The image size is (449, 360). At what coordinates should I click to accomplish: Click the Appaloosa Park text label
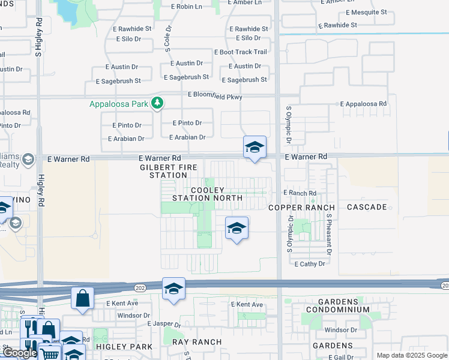click(118, 104)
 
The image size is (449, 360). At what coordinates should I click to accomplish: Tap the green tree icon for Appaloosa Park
click(157, 104)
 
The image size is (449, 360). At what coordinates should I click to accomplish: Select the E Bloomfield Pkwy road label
click(214, 95)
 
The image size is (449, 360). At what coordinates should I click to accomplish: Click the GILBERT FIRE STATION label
click(164, 171)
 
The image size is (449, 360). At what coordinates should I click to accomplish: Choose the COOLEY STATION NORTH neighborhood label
click(208, 194)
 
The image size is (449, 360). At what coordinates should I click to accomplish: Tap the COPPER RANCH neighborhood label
click(301, 208)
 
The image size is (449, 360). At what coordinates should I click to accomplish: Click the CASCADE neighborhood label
click(367, 207)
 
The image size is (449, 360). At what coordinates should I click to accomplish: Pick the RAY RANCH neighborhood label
click(197, 342)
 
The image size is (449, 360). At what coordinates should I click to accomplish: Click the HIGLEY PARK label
click(127, 347)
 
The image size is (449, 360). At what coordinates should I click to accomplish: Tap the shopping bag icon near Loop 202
click(82, 298)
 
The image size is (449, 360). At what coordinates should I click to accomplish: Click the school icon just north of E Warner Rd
click(255, 147)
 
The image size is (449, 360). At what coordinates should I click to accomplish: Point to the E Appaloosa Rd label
click(363, 104)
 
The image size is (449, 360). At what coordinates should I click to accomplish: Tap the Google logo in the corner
click(20, 353)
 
